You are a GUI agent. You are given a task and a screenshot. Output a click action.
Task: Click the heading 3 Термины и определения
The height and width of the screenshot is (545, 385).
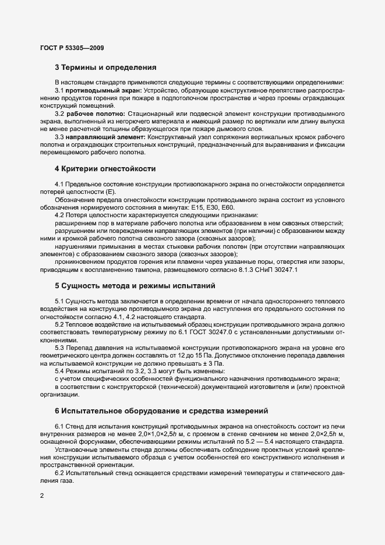click(105, 67)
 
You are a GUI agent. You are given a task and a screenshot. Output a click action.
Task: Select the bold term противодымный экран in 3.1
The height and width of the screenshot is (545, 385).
click(101, 91)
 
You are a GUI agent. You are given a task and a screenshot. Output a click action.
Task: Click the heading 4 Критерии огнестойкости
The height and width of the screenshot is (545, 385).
click(105, 169)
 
